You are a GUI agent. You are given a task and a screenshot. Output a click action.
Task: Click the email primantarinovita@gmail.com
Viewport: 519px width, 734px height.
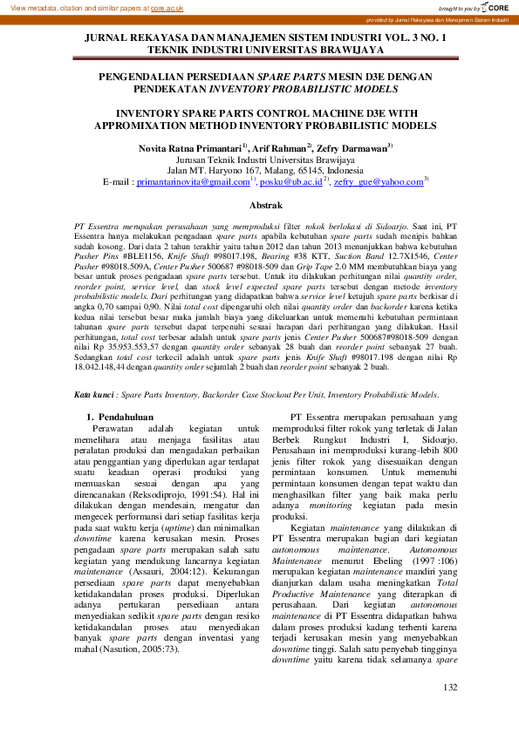[x=191, y=183]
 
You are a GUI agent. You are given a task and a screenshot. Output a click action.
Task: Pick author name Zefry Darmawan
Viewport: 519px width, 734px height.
[x=353, y=149]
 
